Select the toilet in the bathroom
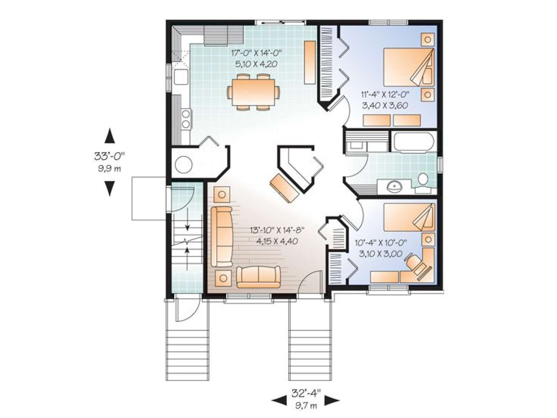point(422,182)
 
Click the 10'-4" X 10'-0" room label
point(381,243)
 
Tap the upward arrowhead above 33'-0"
point(110,136)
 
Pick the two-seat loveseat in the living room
point(258,277)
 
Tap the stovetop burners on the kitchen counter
point(186,119)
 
